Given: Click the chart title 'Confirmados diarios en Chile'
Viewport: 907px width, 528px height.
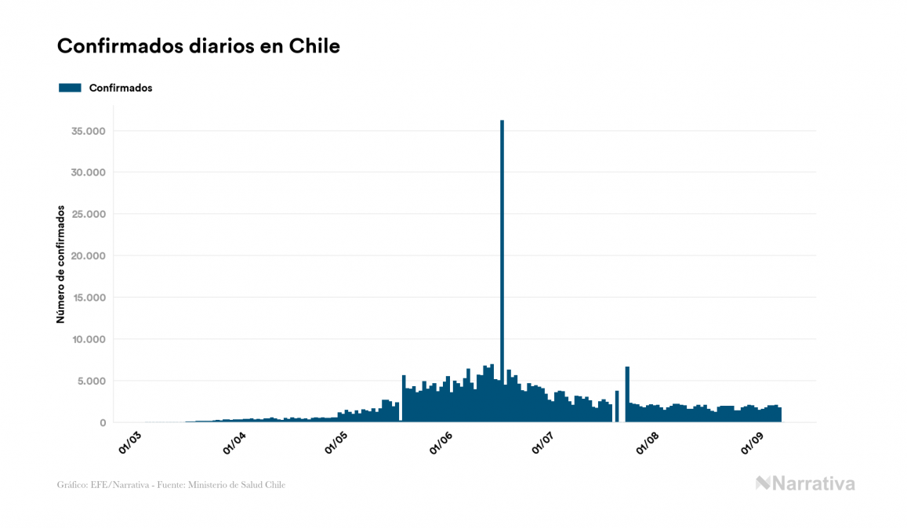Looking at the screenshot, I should coord(198,46).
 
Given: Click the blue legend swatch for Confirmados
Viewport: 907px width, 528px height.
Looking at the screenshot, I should coord(70,88).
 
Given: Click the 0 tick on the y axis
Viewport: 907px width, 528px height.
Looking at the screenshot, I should coord(102,423).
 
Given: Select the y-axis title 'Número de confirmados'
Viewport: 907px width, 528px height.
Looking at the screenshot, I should coord(60,264).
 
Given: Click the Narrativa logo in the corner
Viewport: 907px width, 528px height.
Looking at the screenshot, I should coord(805,483).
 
